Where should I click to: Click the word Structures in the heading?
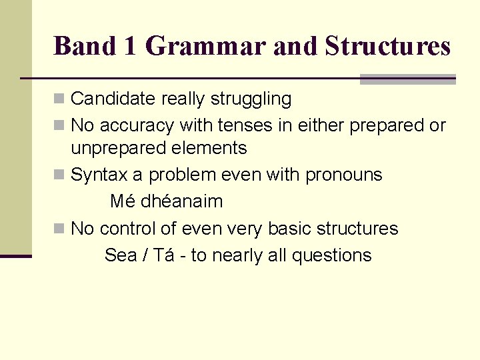point(387,46)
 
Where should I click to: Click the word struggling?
point(251,99)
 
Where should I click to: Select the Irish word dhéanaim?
point(181,201)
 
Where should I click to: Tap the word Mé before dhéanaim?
point(123,201)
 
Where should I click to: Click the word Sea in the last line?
point(121,255)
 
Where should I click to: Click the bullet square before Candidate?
point(59,99)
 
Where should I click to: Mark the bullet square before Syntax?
point(59,175)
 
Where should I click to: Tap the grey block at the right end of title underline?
point(407,79)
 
